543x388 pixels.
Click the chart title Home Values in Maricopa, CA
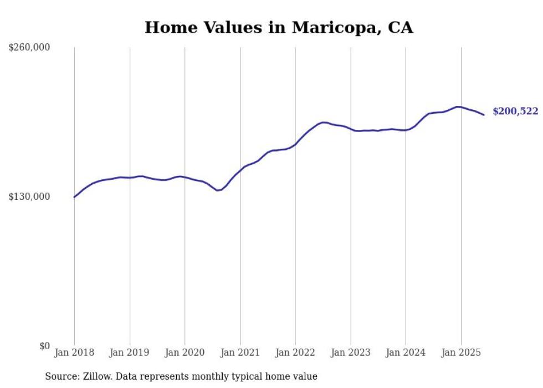(x=279, y=28)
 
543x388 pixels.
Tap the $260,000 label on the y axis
(x=29, y=48)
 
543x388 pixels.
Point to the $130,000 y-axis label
(x=29, y=196)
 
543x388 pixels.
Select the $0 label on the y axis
(x=45, y=346)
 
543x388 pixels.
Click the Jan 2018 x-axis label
(x=74, y=352)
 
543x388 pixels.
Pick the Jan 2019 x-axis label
(x=130, y=352)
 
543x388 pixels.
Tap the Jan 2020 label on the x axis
(x=185, y=352)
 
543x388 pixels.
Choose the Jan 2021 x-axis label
(x=240, y=352)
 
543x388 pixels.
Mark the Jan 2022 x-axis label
(x=295, y=352)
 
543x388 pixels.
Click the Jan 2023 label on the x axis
(x=350, y=352)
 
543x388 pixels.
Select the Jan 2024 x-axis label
(x=406, y=352)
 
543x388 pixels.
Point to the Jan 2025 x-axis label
(x=460, y=352)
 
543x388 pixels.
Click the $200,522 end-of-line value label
(x=515, y=112)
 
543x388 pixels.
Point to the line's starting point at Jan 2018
(x=74, y=197)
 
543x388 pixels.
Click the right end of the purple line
(x=484, y=115)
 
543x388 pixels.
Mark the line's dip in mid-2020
(x=218, y=190)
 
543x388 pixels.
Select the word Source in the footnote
(x=60, y=376)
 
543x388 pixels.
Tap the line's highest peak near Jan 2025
(x=457, y=107)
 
